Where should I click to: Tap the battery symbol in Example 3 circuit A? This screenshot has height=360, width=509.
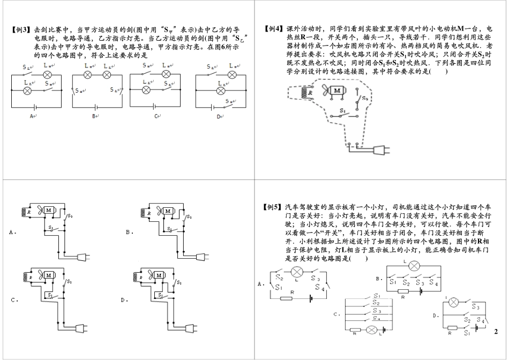(x=34, y=106)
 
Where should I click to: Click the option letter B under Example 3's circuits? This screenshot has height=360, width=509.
(x=94, y=116)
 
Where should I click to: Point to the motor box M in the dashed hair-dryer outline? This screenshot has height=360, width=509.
(x=337, y=92)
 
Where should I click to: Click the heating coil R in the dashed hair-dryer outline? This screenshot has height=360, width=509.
(x=308, y=92)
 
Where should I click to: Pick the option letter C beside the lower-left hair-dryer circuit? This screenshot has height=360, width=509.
(x=13, y=301)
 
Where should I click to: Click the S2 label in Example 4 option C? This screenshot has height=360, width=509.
(x=70, y=280)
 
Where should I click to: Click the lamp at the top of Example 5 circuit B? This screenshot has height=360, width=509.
(x=413, y=266)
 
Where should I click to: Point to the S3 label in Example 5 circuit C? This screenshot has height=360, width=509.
(x=377, y=311)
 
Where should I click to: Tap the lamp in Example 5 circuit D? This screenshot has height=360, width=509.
(x=453, y=303)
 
